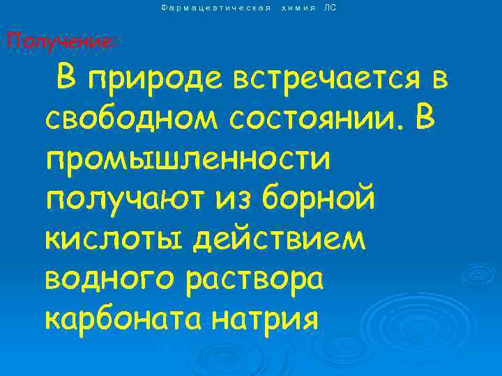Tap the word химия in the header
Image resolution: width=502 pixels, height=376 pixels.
[298, 8]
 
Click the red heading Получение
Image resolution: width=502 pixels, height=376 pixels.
[59, 41]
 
